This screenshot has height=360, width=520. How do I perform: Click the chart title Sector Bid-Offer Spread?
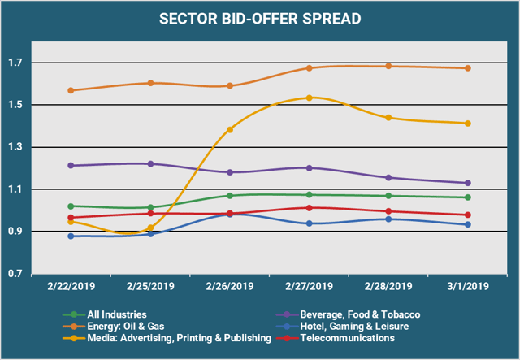(260, 20)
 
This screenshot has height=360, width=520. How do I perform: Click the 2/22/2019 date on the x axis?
(71, 286)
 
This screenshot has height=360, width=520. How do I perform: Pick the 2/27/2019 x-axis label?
(310, 286)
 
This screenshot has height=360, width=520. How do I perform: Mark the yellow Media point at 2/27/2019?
(310, 98)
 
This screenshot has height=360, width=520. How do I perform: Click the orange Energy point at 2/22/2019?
(71, 90)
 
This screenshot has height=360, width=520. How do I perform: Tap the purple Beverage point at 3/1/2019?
(469, 183)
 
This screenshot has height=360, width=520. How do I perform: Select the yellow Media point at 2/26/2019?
(230, 129)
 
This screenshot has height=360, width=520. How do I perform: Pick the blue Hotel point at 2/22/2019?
(71, 236)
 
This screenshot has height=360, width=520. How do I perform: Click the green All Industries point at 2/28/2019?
(389, 196)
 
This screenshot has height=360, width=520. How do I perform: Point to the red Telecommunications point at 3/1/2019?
(469, 215)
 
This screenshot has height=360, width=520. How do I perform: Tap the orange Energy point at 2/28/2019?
(389, 67)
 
